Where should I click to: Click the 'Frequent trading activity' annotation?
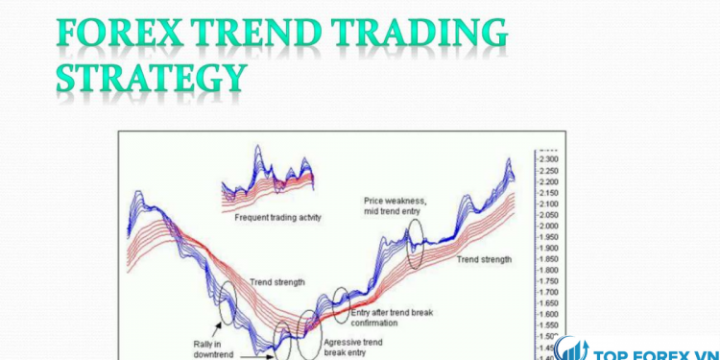[277, 217]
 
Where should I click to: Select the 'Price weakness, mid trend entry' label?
[398, 206]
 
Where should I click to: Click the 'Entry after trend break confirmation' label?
[395, 318]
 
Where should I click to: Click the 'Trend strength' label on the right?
[484, 259]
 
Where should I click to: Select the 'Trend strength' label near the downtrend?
[277, 282]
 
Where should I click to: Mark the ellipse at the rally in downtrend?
[226, 306]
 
